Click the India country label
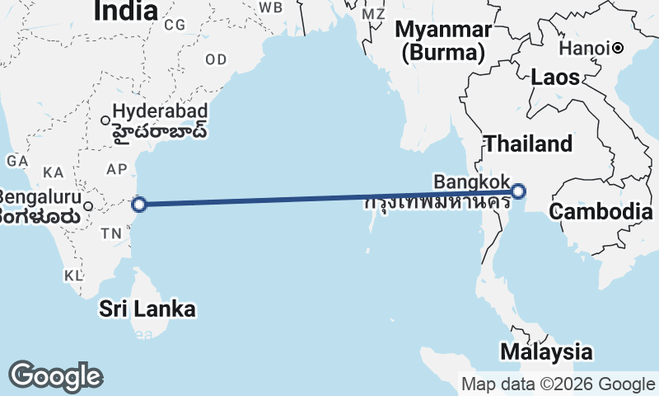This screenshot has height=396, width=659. [125, 11]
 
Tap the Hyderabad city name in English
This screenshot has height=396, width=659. [159, 110]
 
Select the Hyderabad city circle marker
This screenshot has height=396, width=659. [105, 120]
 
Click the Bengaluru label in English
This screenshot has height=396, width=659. [40, 198]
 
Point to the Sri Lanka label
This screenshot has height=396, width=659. [148, 309]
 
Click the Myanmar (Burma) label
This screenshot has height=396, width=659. [443, 41]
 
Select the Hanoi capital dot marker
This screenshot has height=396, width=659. [618, 49]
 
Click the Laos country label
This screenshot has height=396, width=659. [555, 78]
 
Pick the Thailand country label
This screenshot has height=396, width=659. [528, 144]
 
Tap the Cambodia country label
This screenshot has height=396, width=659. [601, 211]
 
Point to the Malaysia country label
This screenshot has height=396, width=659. [545, 351]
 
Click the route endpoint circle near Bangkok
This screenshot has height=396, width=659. [518, 192]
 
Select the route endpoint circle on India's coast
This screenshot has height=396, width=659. [139, 204]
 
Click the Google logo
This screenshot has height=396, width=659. [55, 376]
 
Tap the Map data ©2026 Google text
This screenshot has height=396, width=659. [558, 384]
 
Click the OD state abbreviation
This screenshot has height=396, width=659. [216, 59]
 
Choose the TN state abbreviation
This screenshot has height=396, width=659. [111, 233]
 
